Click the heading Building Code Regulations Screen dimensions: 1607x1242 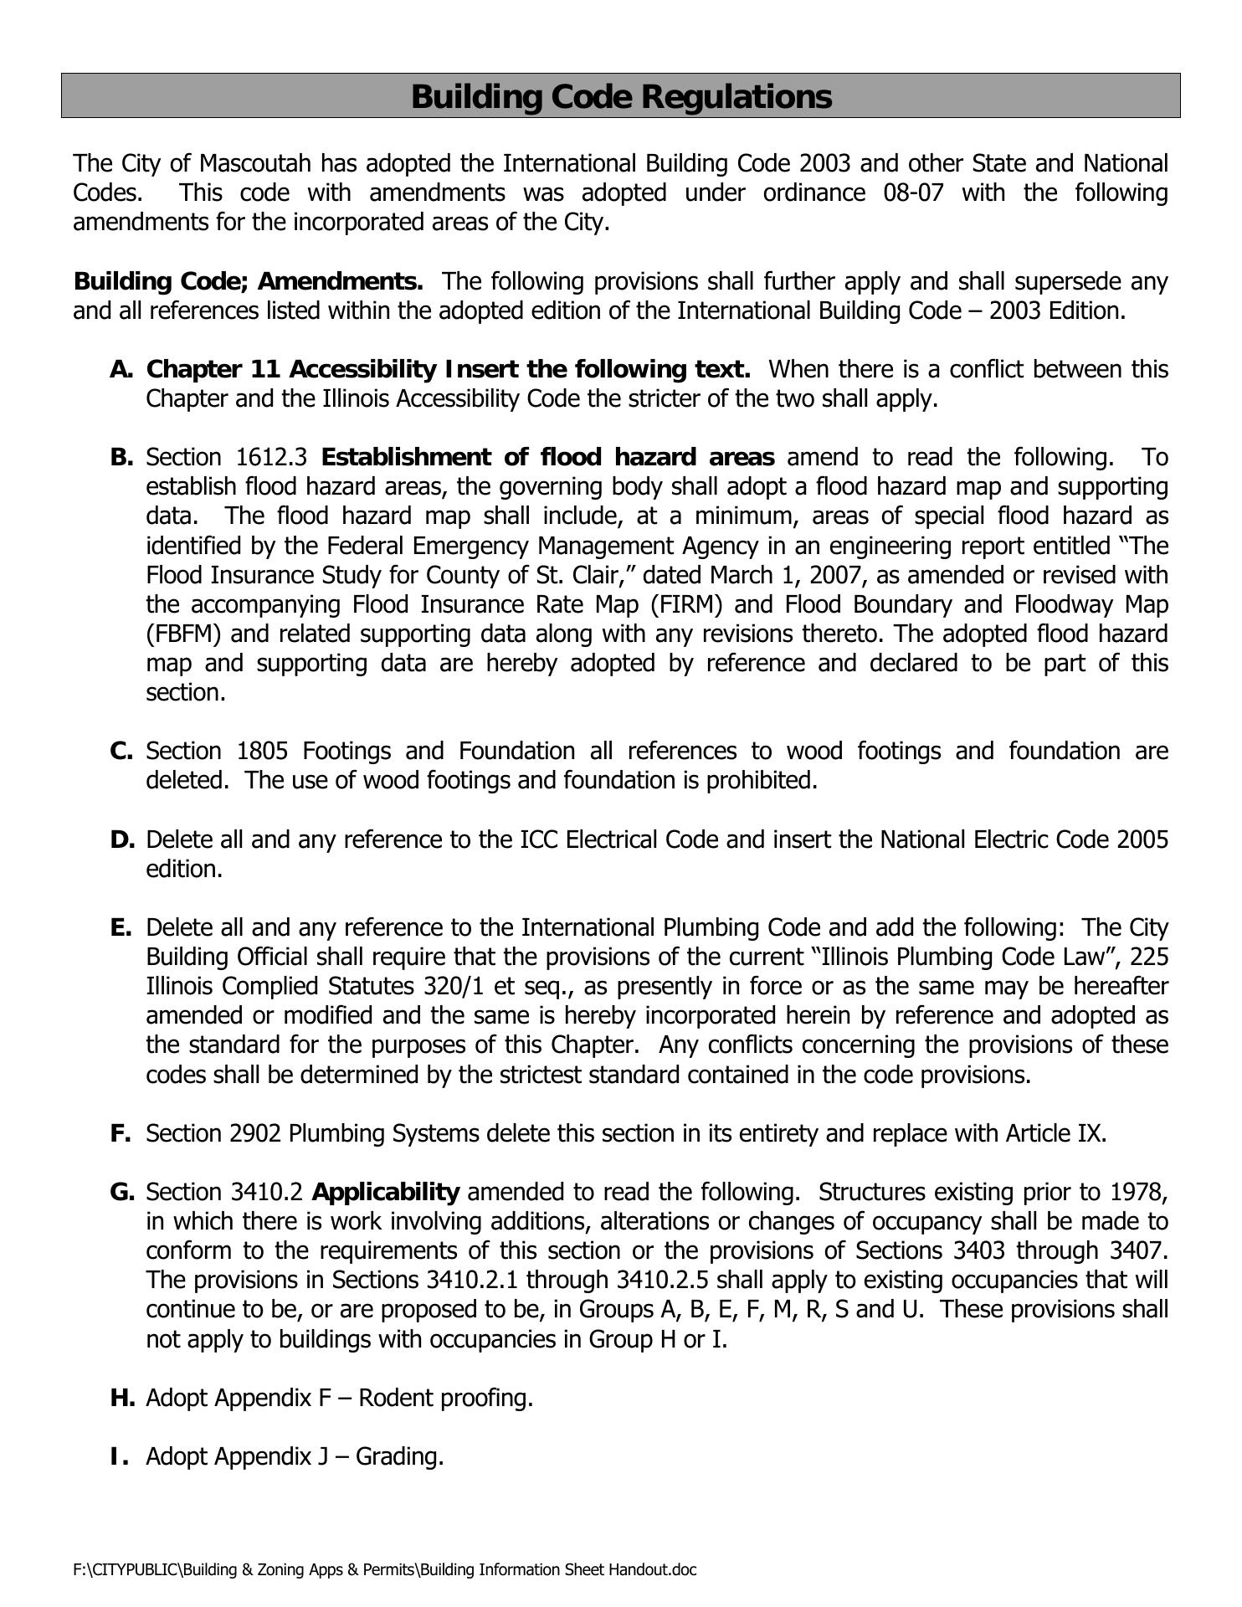621,96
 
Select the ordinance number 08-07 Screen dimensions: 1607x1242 913,193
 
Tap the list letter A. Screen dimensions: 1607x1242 121,369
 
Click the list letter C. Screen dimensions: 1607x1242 121,751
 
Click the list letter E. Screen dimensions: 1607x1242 121,927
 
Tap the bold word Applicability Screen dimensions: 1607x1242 386,1192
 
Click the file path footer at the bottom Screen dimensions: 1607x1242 385,1569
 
